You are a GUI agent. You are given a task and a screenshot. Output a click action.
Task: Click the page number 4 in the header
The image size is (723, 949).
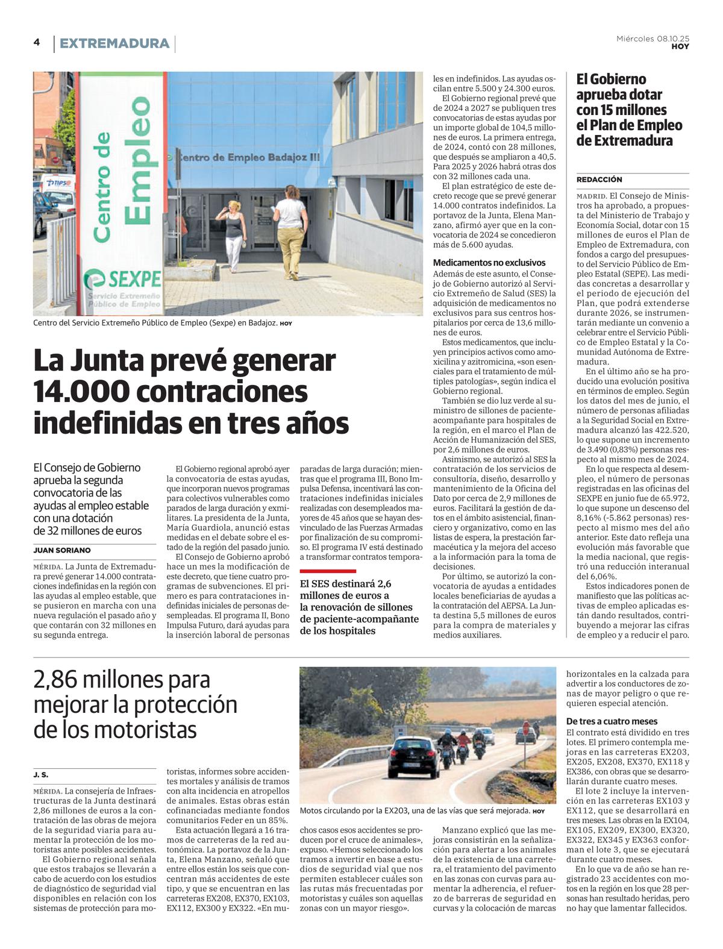click(37, 42)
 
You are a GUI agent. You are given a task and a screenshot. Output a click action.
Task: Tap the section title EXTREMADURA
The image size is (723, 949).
click(114, 43)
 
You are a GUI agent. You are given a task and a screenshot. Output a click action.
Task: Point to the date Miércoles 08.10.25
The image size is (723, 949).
click(653, 39)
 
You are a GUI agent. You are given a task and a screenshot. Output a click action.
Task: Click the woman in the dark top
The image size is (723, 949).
click(234, 235)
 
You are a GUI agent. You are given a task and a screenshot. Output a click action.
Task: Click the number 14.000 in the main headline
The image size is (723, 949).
click(81, 392)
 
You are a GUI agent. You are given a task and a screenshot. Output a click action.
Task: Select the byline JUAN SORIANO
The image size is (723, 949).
click(62, 550)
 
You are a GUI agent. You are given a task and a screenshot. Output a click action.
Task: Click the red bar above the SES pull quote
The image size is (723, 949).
click(328, 571)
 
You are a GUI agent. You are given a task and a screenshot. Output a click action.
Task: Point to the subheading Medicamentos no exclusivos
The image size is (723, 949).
click(489, 263)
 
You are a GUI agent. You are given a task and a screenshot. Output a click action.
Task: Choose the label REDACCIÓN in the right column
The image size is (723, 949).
click(599, 180)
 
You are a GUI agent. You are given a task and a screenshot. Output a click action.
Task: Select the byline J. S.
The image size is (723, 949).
click(41, 774)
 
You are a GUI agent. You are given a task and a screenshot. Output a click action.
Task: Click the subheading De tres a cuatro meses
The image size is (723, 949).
click(612, 721)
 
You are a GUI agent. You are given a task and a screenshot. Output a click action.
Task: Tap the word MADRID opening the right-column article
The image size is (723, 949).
click(591, 196)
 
